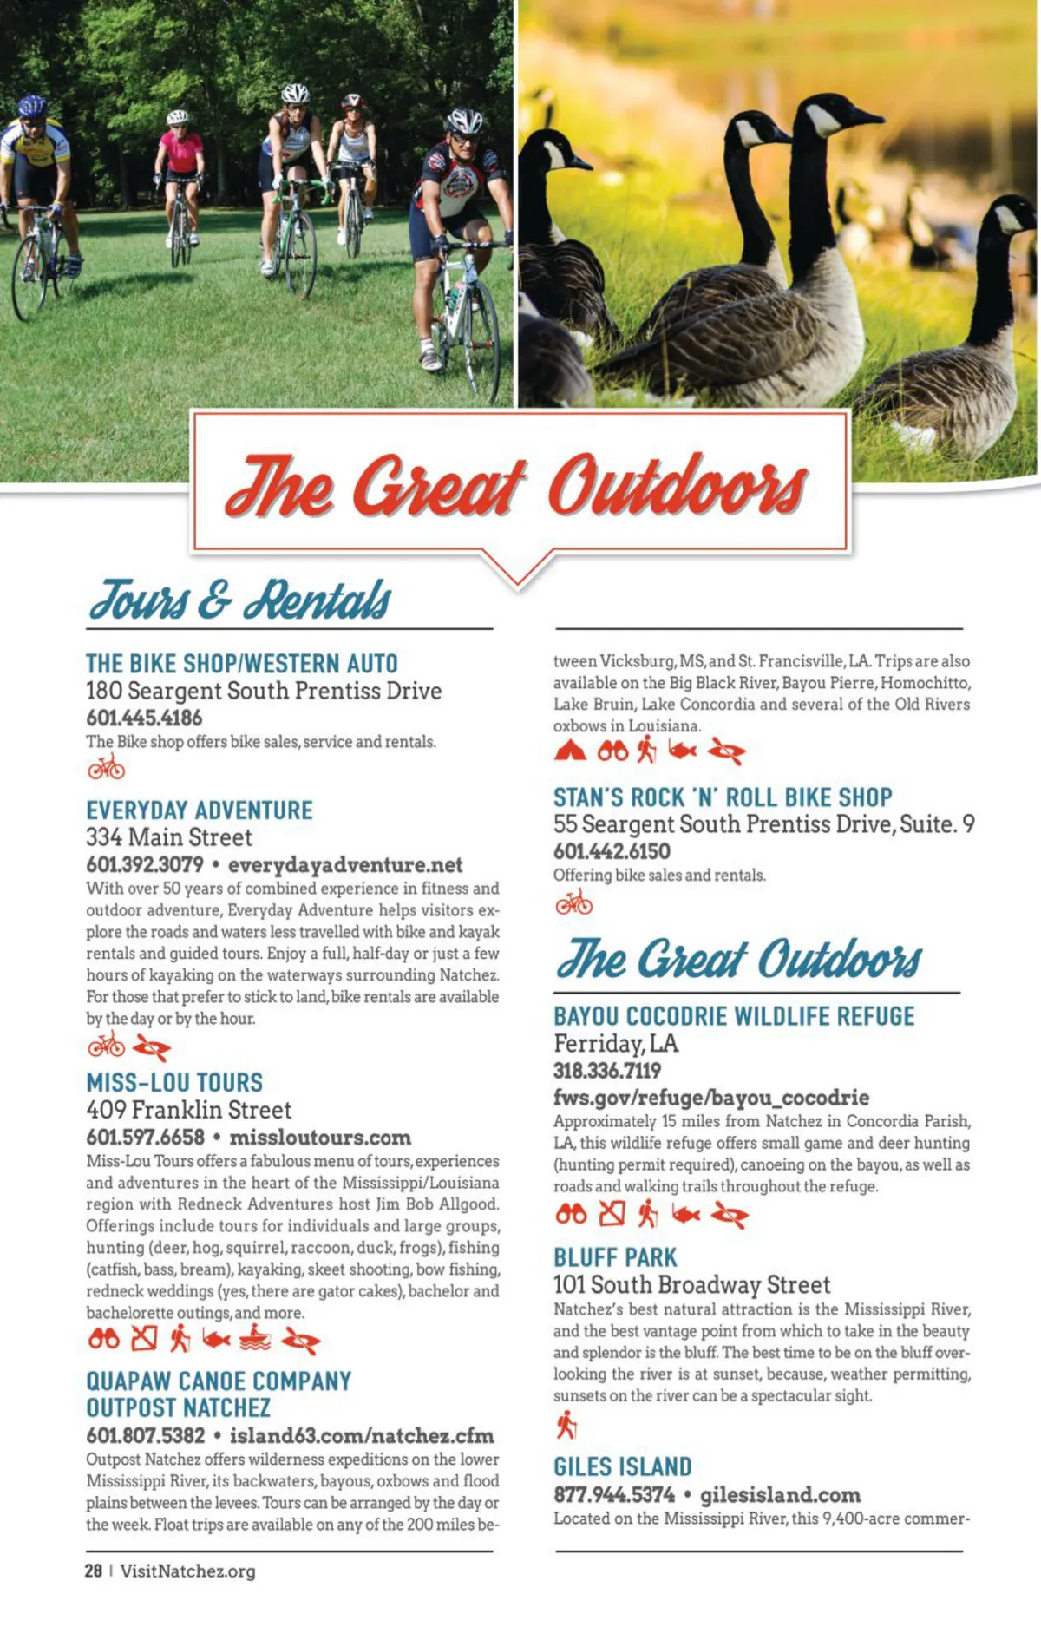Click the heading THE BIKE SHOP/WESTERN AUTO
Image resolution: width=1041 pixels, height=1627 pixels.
coord(241,664)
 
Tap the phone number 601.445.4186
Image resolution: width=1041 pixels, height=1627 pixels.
coord(144,718)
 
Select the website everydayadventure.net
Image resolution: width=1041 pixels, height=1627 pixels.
coord(345,864)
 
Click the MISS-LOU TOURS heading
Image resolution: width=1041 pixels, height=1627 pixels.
coord(174,1082)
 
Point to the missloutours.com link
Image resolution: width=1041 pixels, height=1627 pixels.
coord(320,1137)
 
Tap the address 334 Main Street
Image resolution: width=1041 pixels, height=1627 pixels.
coord(169,837)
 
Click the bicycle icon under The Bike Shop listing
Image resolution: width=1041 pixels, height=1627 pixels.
coord(107,768)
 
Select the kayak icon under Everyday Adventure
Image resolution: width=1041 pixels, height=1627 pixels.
coord(151,1049)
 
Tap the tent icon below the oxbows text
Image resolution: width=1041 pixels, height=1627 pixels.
coord(570,751)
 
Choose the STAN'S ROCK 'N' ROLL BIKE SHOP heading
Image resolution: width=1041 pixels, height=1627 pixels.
coord(723,797)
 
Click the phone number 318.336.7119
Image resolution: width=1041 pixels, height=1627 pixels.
coord(607,1070)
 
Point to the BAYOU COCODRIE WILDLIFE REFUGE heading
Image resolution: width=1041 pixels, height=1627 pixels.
coord(734,1016)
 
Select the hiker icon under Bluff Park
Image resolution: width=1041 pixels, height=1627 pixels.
coord(566,1424)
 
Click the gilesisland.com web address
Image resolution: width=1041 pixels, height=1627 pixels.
coord(780,1494)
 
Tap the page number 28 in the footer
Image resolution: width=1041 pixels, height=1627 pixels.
coord(94,1571)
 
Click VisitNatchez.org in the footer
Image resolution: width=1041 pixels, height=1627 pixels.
coord(188,1571)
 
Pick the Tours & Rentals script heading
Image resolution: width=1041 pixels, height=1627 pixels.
coord(240,600)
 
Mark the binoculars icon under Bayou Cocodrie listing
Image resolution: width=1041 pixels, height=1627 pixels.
coord(571,1215)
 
